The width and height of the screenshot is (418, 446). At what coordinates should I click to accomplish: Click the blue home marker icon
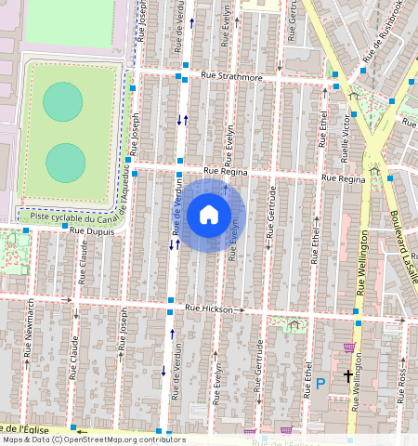(x=209, y=215)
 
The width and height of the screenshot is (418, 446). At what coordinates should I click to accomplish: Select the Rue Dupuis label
(x=91, y=229)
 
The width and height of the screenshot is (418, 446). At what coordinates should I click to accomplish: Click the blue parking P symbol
(x=320, y=383)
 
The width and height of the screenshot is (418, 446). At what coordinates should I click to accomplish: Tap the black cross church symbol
(x=348, y=376)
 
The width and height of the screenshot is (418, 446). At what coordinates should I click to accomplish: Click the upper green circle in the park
(x=62, y=101)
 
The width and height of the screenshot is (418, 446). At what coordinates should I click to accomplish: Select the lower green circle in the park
(x=65, y=163)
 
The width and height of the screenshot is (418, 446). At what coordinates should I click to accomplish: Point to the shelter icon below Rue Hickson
(x=294, y=323)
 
